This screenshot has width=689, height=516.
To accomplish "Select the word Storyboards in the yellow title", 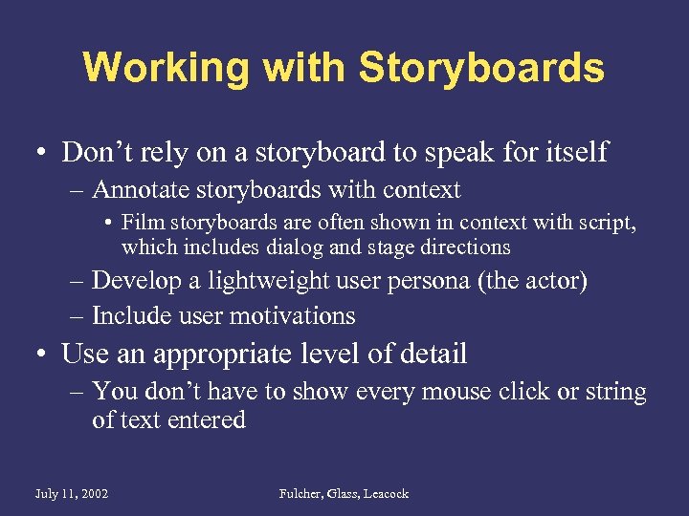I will tap(481, 69).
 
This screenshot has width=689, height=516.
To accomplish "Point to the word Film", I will tap(139, 223).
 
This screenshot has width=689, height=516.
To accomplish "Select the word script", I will tap(609, 223).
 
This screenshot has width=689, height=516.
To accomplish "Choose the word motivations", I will tap(293, 315).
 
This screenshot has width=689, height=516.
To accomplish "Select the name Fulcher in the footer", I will tap(300, 494).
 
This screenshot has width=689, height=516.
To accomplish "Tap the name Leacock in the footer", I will tap(385, 494).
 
